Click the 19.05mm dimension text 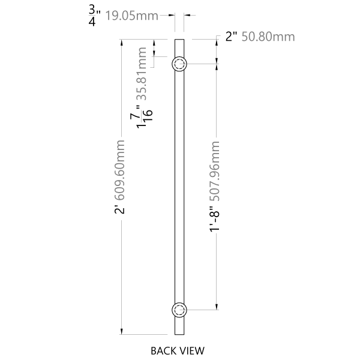point(131,16)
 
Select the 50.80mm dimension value point(268,37)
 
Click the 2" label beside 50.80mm point(231,37)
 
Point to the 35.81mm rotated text point(141,74)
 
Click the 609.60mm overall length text point(119,170)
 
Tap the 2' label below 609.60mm point(119,209)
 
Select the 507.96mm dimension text point(215,171)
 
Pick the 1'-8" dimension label point(215,218)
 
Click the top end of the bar point(179,39)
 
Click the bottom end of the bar point(179,335)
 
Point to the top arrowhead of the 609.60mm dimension point(122,43)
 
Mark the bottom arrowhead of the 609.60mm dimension point(122,331)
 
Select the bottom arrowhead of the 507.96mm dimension point(216,307)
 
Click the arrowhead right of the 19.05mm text point(171,16)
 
